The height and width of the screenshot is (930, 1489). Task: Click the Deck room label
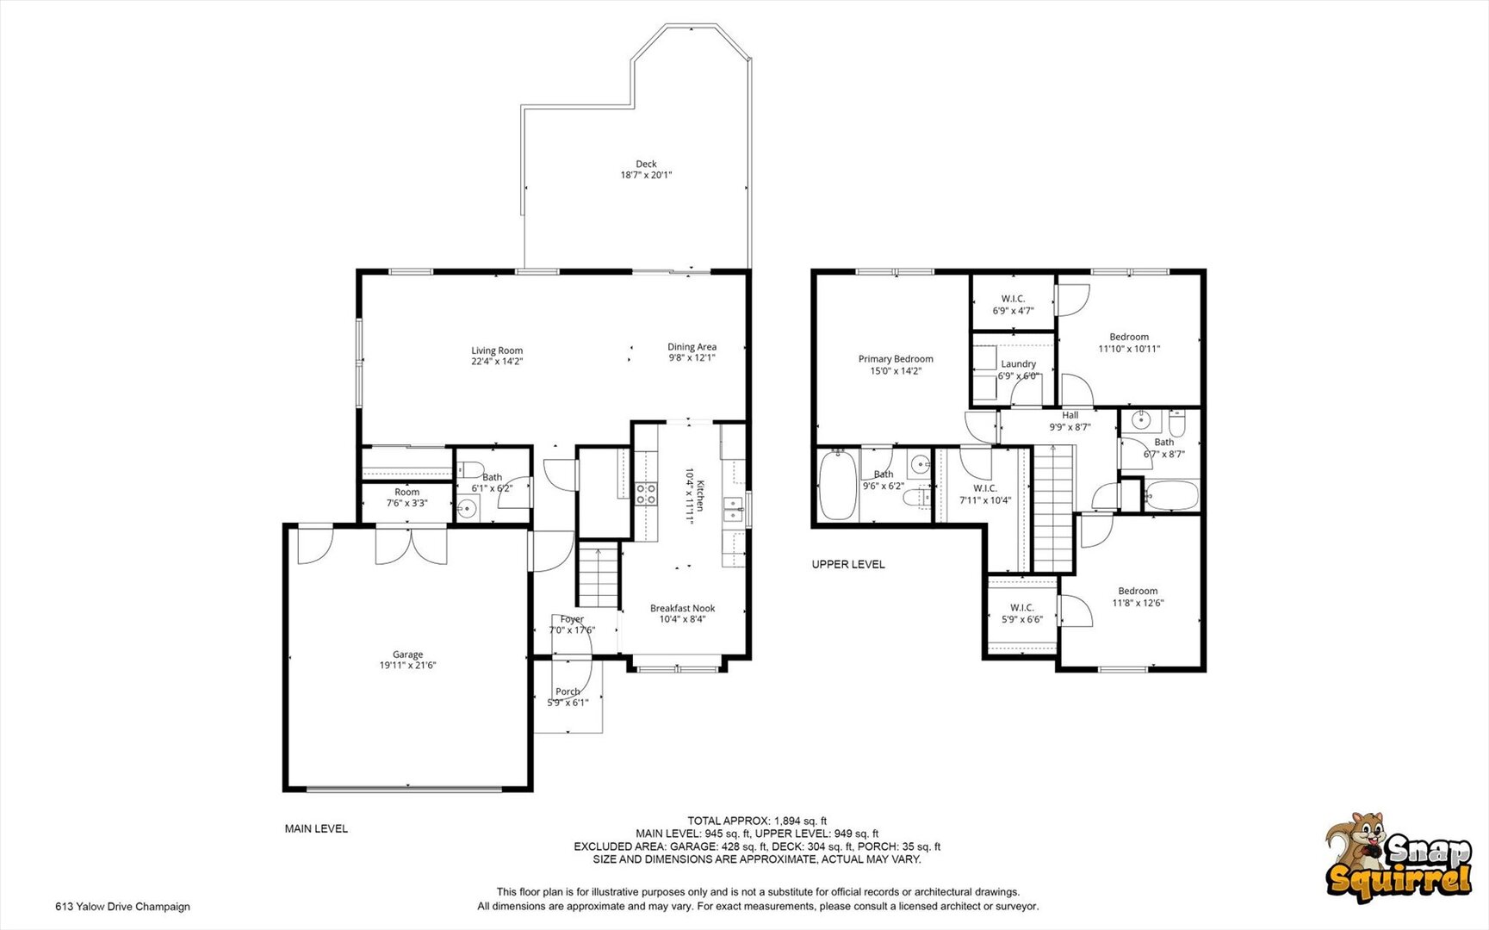click(x=646, y=164)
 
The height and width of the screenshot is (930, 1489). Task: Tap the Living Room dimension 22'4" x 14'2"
click(x=497, y=362)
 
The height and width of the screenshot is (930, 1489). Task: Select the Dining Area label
click(x=692, y=347)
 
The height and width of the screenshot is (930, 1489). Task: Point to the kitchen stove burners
click(x=646, y=493)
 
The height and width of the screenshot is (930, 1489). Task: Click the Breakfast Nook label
click(x=682, y=608)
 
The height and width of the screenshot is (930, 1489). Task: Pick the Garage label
click(x=407, y=654)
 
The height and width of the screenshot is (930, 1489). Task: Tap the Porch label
click(x=568, y=691)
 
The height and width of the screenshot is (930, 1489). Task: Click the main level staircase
click(x=599, y=576)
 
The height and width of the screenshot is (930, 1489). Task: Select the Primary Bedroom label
click(x=896, y=359)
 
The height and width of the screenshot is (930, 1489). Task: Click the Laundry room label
click(x=1018, y=364)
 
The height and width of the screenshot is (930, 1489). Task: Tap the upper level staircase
click(x=1053, y=508)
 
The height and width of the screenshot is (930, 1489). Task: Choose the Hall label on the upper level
click(x=1070, y=415)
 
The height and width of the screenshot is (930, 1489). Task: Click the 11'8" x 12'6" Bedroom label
click(x=1138, y=597)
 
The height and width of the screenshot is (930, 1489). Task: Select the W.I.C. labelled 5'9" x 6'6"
click(x=1022, y=613)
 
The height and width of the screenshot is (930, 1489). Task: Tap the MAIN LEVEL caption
click(x=317, y=828)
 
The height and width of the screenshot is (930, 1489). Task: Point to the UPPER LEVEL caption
click(x=848, y=564)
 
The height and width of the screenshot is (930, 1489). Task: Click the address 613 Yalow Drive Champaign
click(x=122, y=906)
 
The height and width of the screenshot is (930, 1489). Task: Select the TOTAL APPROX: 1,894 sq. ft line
click(x=757, y=821)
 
